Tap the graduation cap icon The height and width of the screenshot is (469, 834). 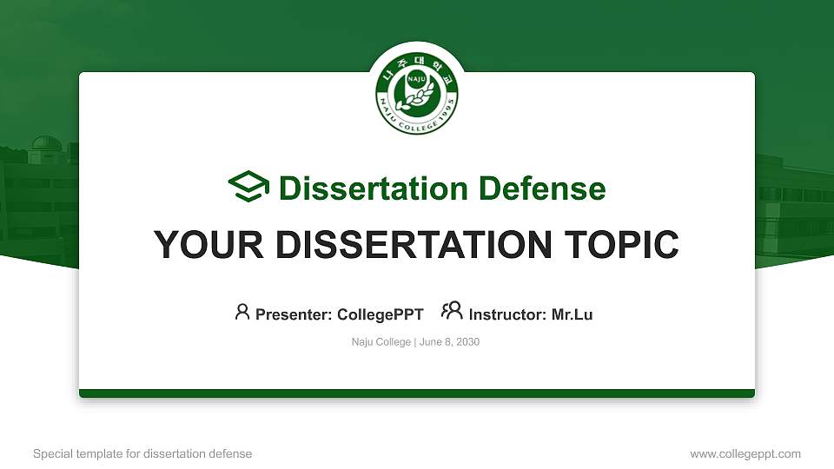tap(249, 188)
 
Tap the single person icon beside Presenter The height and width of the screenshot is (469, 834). tap(242, 312)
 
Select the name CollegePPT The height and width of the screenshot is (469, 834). tap(380, 314)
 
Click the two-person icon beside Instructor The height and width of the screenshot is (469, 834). tap(452, 312)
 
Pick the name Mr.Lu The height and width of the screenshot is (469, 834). tap(572, 314)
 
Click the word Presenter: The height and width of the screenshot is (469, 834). tap(294, 314)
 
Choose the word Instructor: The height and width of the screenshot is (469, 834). tap(508, 314)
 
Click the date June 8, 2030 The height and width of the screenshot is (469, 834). tap(449, 342)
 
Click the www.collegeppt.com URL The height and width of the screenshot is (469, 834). tap(745, 453)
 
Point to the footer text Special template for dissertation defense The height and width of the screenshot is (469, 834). tap(142, 453)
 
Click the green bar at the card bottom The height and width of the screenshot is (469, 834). tap(417, 393)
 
